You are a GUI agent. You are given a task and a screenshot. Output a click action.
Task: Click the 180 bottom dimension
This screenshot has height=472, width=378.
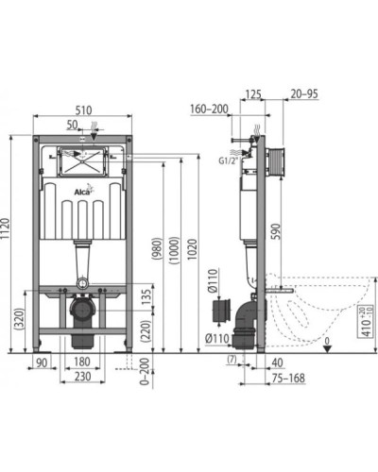83,362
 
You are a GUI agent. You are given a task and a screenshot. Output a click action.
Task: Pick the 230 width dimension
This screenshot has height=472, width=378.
83,377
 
